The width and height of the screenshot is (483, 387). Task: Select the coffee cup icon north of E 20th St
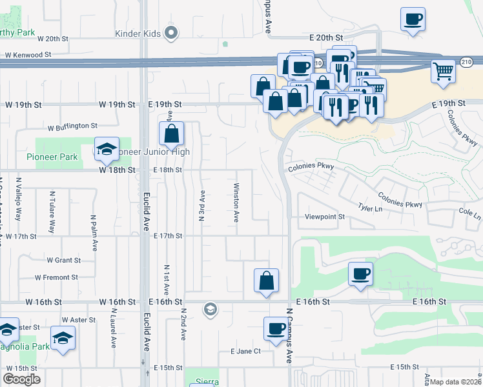[413, 19]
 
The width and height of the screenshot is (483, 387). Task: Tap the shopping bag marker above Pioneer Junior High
[171, 134]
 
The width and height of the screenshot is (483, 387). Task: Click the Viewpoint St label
[325, 217]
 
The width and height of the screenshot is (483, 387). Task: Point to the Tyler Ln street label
[370, 208]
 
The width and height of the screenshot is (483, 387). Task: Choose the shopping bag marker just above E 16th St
[266, 281]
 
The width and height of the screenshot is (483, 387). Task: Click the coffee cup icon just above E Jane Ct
[276, 329]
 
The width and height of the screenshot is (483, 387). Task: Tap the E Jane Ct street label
[245, 352]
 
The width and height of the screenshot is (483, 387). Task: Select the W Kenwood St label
[28, 55]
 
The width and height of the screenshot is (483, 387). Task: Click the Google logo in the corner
[21, 379]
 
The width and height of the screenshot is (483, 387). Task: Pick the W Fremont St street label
[56, 277]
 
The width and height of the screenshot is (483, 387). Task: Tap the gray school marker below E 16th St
[209, 310]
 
